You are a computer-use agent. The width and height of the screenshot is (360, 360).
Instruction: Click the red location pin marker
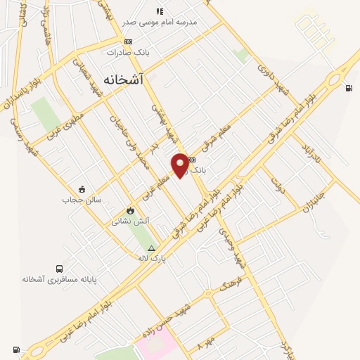click(180, 165)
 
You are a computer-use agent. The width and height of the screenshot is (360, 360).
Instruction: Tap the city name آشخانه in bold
click(122, 79)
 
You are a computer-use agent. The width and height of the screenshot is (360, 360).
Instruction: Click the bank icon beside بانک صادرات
click(128, 41)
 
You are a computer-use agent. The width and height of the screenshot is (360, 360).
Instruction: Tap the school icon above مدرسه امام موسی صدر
click(160, 11)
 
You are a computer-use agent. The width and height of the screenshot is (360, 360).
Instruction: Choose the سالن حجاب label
click(82, 200)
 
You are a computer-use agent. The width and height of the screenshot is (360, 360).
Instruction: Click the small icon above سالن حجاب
click(82, 189)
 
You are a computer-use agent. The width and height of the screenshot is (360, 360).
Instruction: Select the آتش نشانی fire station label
click(130, 221)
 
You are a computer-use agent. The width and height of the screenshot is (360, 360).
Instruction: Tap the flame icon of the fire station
click(130, 210)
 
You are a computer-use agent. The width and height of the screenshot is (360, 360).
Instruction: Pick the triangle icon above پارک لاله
click(150, 248)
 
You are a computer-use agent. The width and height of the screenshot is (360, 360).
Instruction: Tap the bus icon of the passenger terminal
click(58, 269)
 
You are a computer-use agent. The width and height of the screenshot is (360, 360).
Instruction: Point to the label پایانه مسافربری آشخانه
click(58, 279)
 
